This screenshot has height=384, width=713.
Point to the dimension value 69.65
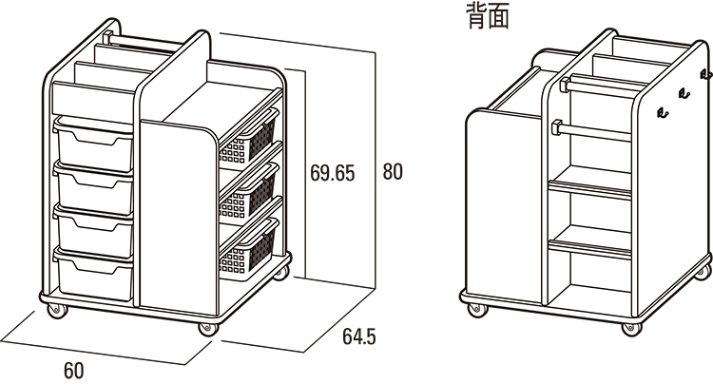(332, 173)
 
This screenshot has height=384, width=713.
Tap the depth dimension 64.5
(358, 336)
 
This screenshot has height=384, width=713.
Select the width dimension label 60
(73, 370)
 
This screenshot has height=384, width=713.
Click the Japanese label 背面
(488, 16)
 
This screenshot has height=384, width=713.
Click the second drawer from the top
(93, 187)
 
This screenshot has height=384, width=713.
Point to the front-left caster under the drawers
(56, 312)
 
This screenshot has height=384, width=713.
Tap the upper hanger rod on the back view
(599, 84)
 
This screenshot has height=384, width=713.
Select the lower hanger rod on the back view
(594, 130)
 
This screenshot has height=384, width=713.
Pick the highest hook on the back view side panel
(704, 73)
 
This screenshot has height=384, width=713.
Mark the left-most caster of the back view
(472, 306)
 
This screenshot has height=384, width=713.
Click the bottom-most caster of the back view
(628, 327)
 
